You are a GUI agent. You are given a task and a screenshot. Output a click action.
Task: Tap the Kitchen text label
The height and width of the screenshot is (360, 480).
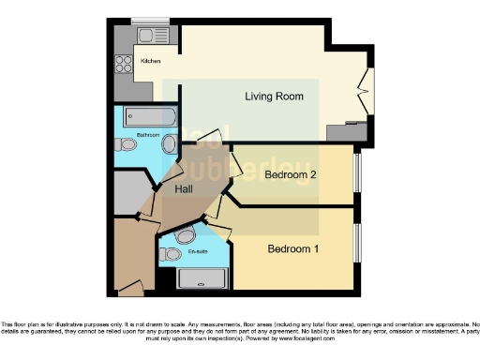pyautogui.click(x=150, y=61)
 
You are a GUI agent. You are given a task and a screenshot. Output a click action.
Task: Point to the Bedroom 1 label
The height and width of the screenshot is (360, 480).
pyautogui.click(x=294, y=249)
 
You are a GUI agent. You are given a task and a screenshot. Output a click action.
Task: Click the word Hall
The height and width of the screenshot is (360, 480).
pyautogui.click(x=186, y=190)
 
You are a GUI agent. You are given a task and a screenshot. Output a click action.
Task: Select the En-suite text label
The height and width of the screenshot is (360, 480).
pyautogui.click(x=198, y=251)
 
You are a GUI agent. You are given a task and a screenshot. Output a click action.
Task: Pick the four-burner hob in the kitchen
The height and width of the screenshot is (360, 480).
pyautogui.click(x=123, y=64)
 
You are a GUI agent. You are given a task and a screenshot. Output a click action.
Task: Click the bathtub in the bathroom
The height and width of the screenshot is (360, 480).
pyautogui.click(x=150, y=118)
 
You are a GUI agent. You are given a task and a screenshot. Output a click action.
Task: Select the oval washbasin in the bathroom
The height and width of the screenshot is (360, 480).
pyautogui.click(x=170, y=144)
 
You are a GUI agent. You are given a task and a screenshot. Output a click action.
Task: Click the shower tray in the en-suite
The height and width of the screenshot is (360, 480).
pyautogui.click(x=202, y=278)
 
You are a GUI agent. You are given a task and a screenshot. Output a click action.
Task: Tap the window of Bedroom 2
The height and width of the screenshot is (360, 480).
pyautogui.click(x=356, y=173)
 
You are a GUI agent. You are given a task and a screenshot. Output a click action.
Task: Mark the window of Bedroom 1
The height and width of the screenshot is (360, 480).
pyautogui.click(x=356, y=249)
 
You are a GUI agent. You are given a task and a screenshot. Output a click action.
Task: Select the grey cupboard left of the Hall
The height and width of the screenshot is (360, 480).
pyautogui.click(x=129, y=194)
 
